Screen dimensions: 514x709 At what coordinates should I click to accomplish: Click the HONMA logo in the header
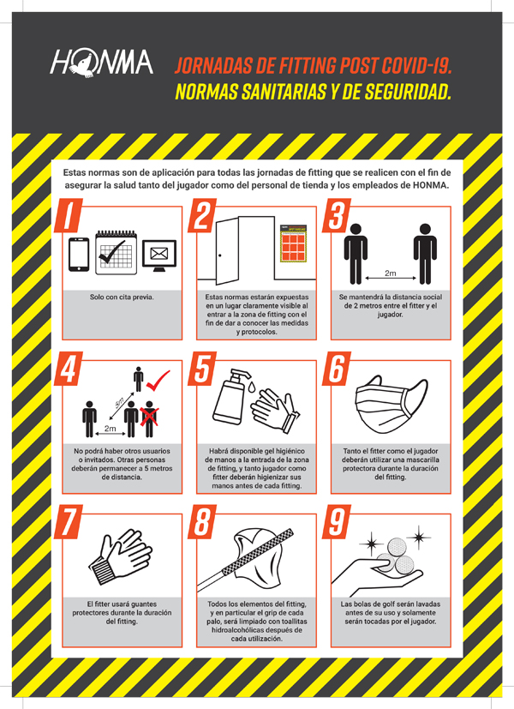click(102, 63)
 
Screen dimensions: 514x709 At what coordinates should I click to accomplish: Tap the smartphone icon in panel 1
click(79, 255)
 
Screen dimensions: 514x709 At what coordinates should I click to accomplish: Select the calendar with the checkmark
click(117, 252)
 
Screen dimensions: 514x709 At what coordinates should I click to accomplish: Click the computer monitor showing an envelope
click(159, 255)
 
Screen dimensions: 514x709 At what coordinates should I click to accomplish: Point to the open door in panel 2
click(227, 251)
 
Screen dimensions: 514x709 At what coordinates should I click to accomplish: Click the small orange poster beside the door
click(294, 243)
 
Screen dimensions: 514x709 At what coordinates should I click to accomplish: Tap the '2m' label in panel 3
click(391, 273)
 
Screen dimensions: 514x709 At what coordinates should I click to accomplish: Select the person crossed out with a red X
click(150, 419)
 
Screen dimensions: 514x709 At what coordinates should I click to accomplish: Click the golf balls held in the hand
click(396, 556)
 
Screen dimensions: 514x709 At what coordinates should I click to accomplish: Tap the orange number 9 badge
click(336, 522)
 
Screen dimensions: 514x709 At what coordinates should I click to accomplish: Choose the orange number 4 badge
click(69, 369)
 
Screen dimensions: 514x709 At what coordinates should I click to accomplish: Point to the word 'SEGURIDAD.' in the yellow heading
click(408, 92)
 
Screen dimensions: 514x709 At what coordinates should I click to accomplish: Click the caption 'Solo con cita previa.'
click(122, 297)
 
